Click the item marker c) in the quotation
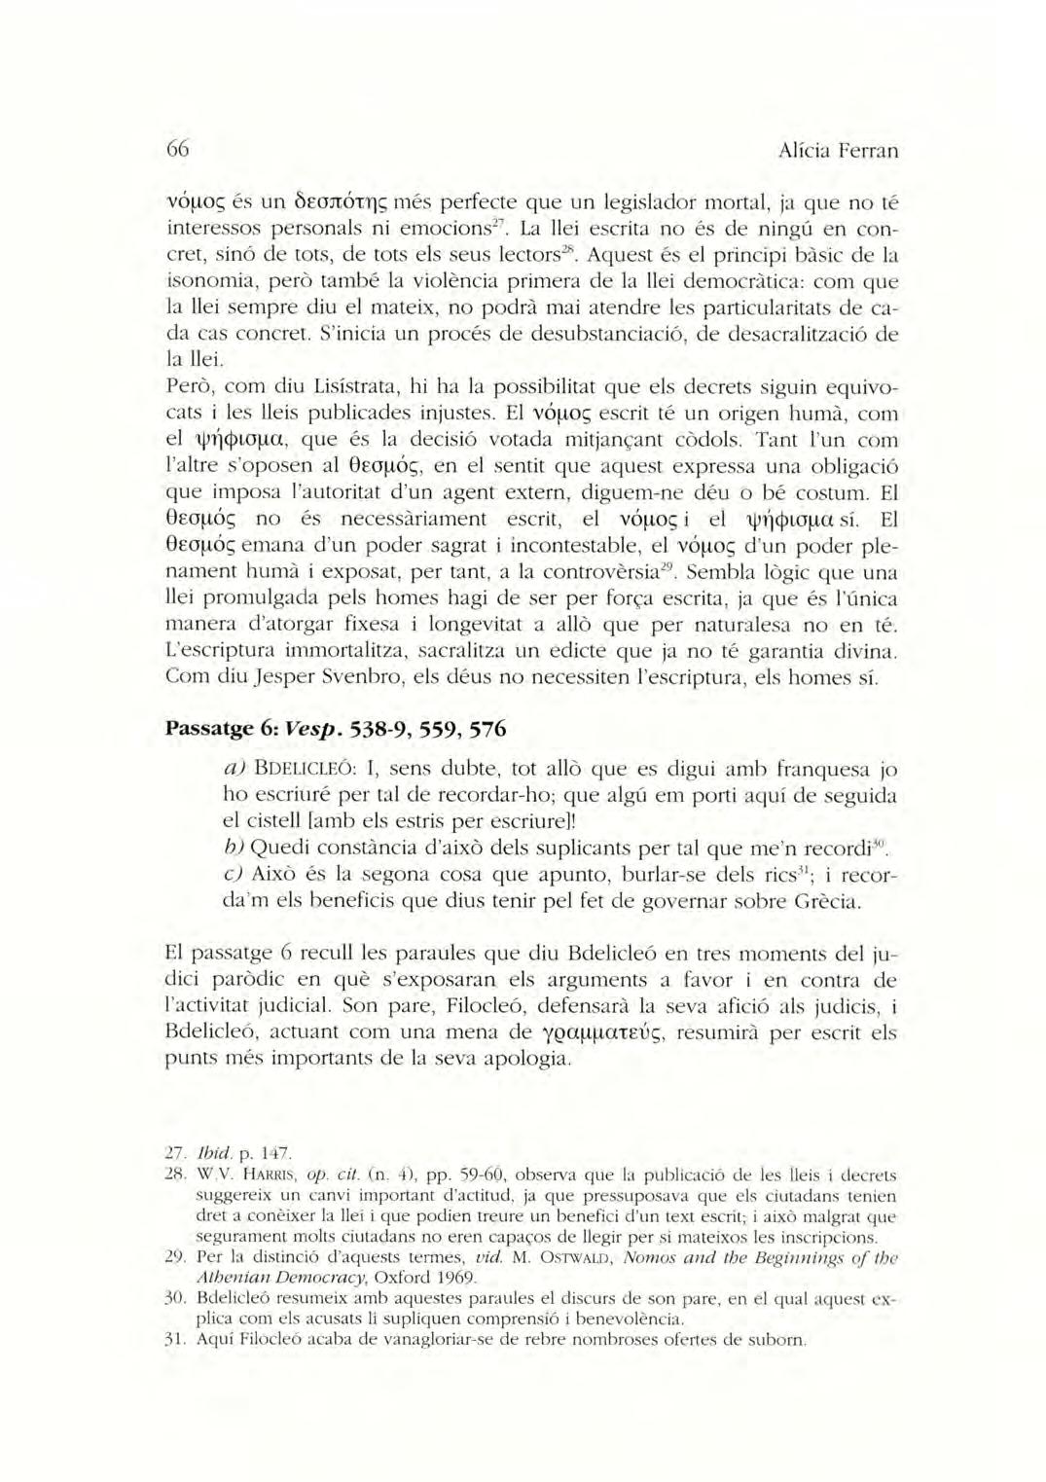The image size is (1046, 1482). [x=233, y=876]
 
